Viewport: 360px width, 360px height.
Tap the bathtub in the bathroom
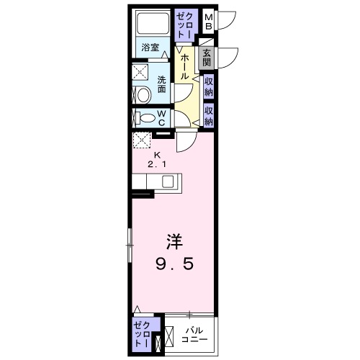153,26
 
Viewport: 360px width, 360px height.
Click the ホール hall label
185,67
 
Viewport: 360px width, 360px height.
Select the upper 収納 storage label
208,87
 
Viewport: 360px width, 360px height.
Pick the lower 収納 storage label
208,115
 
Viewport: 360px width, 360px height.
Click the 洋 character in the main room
172,241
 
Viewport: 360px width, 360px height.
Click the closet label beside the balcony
142,336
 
